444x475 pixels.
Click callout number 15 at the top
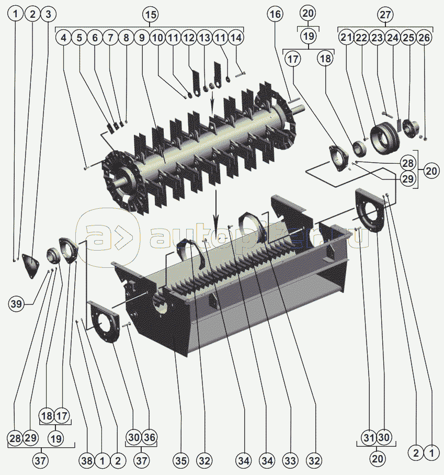point(151,14)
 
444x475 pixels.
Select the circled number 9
point(142,38)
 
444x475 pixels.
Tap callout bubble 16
point(275,14)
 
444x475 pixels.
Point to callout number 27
point(385,14)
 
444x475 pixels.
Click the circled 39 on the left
point(16,303)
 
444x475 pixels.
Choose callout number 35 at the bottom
point(181,461)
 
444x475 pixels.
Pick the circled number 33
point(290,461)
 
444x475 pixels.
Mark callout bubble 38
point(87,461)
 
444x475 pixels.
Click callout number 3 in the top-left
point(48,14)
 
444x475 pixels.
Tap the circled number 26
point(424,38)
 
